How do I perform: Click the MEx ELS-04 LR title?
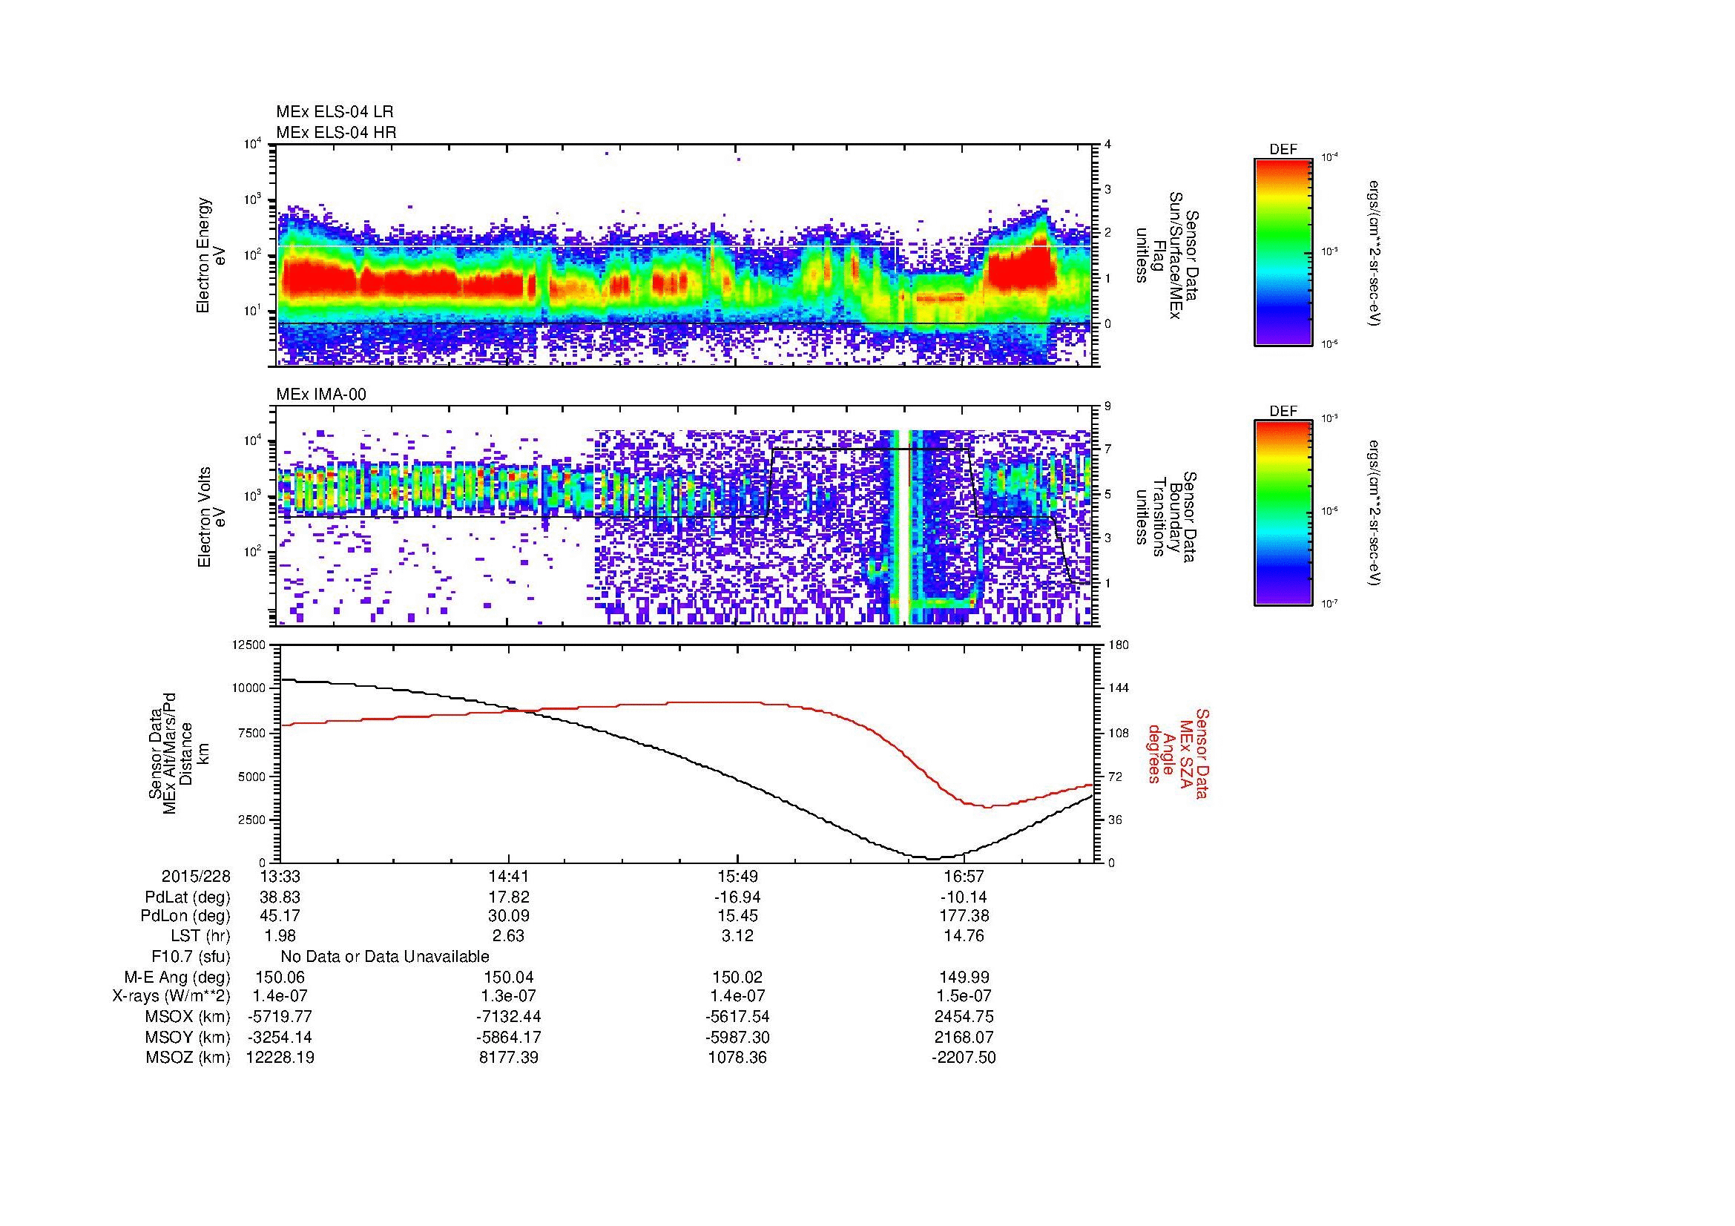(334, 112)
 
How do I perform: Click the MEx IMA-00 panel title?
(320, 395)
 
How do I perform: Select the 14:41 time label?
(509, 876)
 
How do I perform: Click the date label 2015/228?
(196, 876)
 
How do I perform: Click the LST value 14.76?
(964, 936)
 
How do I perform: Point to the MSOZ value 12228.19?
(280, 1058)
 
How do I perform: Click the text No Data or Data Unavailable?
(385, 956)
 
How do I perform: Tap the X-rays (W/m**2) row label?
(171, 996)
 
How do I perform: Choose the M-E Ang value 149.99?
(964, 977)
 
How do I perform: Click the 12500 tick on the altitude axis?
(250, 645)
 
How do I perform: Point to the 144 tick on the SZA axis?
(1119, 688)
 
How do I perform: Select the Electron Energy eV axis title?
(211, 255)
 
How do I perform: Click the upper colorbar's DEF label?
(1283, 151)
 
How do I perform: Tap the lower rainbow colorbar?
(1283, 514)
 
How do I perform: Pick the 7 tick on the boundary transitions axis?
(1107, 449)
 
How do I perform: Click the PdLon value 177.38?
(964, 916)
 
